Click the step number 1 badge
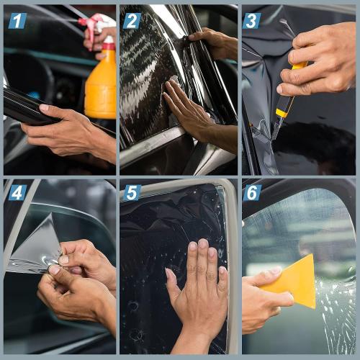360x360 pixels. pos(17,20)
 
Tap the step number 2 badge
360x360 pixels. pos(132,20)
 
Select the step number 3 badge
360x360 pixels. pos(251,20)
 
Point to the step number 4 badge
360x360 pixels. pos(17,192)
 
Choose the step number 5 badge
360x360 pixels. pos(132,192)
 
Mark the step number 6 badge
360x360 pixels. pos(252,192)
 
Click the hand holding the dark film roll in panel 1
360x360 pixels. pos(68,130)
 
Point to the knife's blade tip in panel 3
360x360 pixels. pos(274,137)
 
